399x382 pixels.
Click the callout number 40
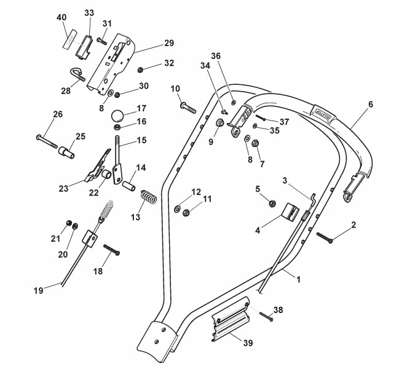[x=61, y=18]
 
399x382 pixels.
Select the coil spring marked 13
[x=148, y=197]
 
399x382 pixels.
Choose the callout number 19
[x=38, y=290]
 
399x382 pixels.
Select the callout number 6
[x=371, y=105]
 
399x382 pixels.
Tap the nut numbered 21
[x=69, y=222]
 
